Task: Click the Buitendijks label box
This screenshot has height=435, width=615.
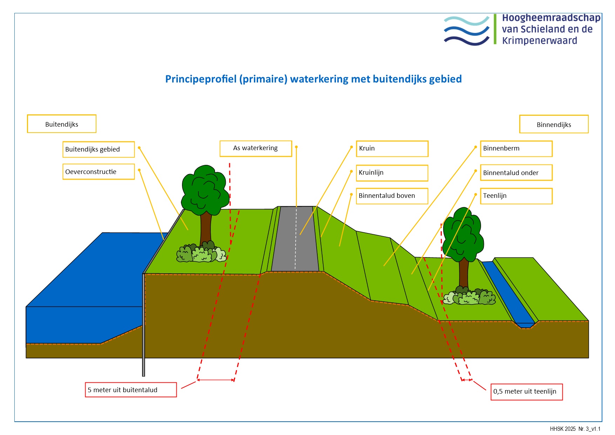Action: click(x=62, y=124)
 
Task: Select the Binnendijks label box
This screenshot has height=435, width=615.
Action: click(x=554, y=124)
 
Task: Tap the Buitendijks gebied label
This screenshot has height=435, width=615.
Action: click(x=99, y=149)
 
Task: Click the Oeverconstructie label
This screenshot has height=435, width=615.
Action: click(x=99, y=172)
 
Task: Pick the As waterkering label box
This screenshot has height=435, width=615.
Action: click(x=256, y=148)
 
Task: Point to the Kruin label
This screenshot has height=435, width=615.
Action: click(x=392, y=148)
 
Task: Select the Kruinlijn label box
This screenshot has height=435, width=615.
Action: click(x=392, y=173)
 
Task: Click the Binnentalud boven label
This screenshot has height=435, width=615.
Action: click(x=392, y=196)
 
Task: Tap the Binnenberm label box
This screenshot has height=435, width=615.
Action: click(x=516, y=148)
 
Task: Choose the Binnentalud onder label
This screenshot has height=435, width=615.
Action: click(x=516, y=173)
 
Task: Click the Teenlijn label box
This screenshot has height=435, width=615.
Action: click(x=516, y=196)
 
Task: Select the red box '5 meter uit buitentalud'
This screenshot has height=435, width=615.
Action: click(x=131, y=390)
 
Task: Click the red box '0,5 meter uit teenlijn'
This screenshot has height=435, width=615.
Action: click(x=526, y=391)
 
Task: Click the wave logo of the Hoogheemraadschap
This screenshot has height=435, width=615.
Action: click(x=467, y=31)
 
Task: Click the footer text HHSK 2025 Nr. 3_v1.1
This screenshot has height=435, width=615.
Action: click(x=575, y=429)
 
